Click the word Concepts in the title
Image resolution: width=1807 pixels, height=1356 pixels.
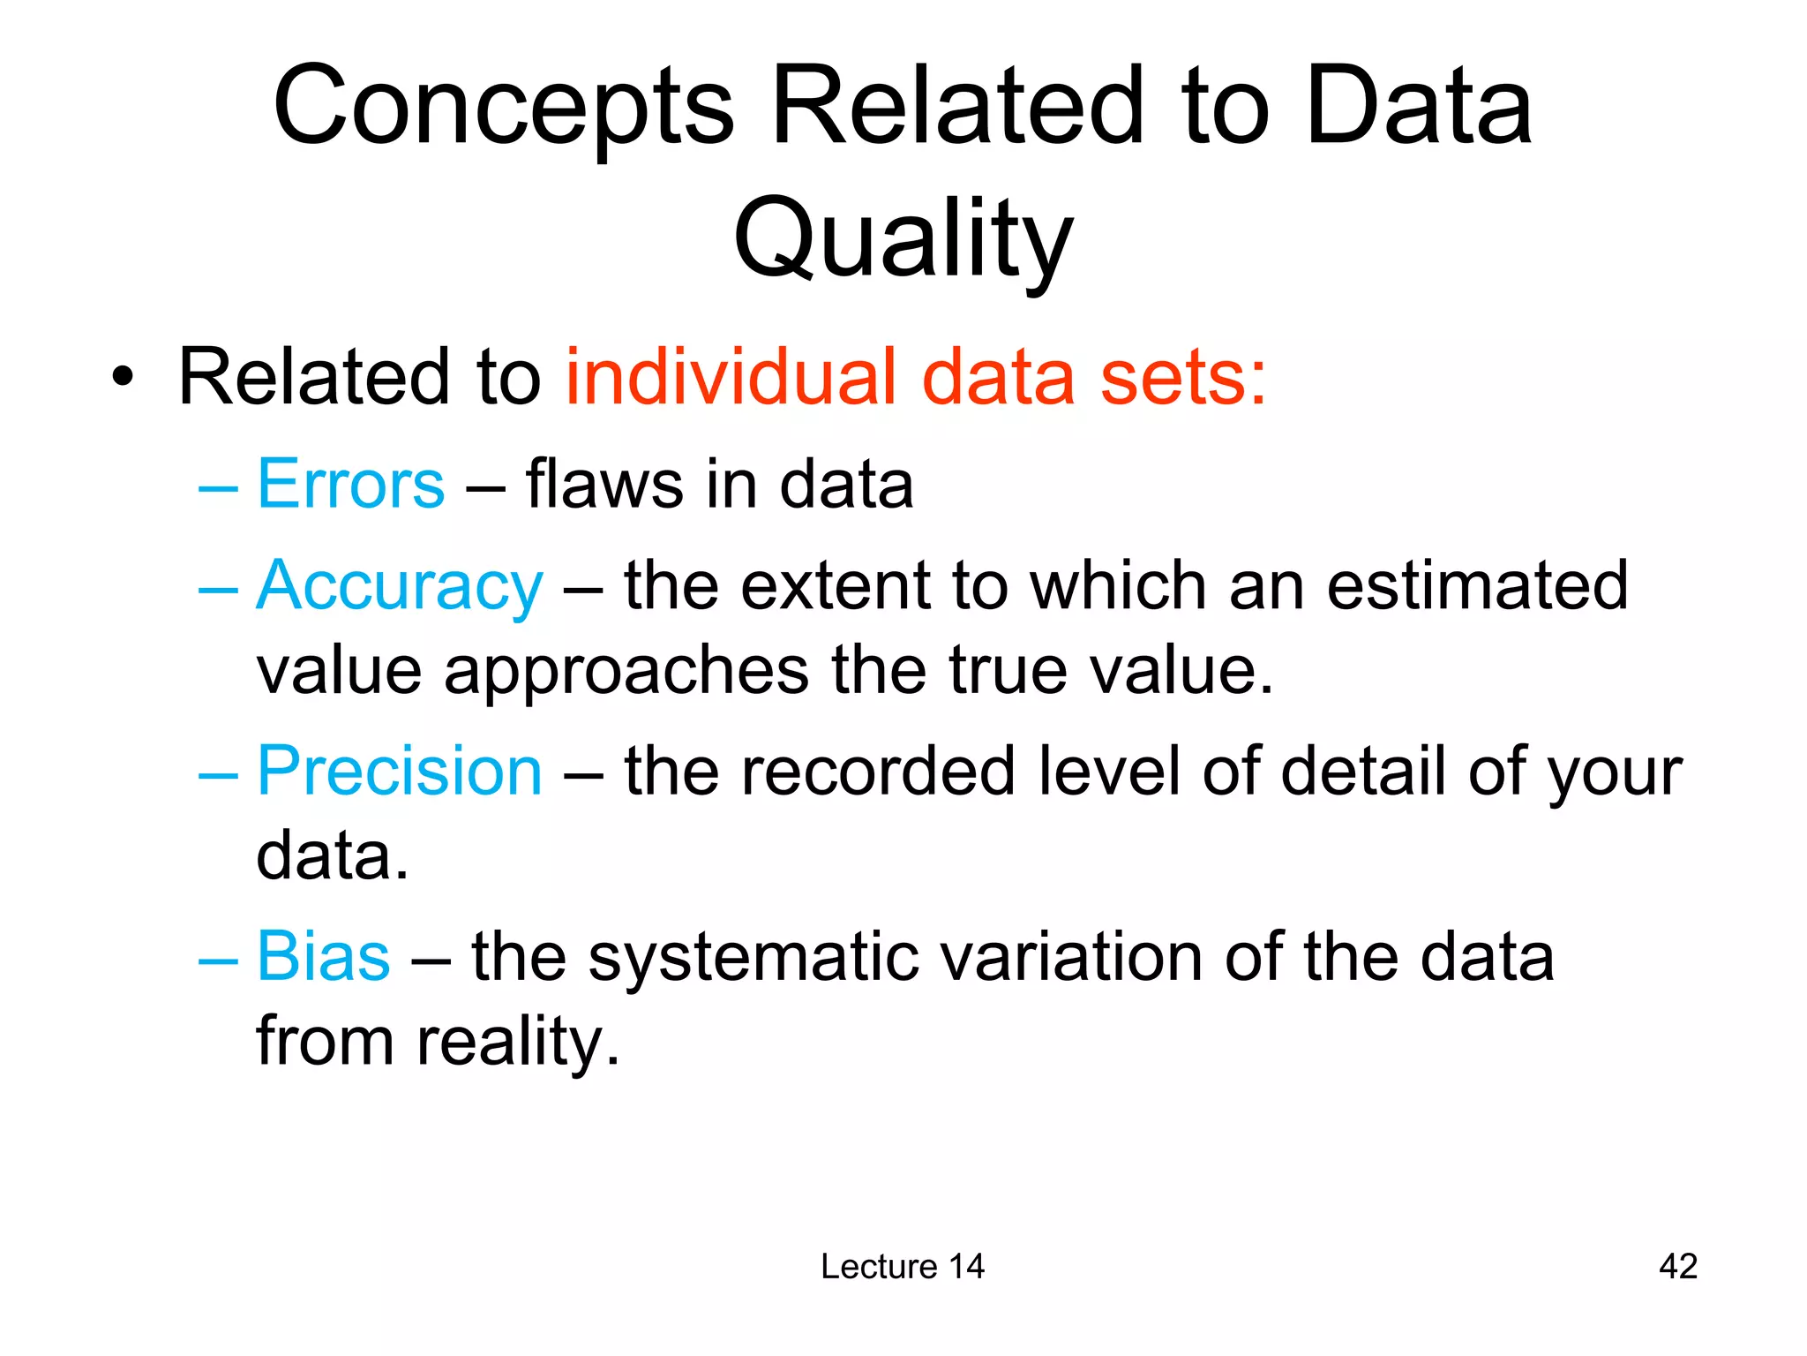click(x=503, y=108)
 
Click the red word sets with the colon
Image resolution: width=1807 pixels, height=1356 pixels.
click(x=1182, y=378)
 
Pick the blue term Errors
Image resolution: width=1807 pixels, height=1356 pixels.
click(x=350, y=485)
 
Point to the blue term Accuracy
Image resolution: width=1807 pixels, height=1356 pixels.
click(x=399, y=587)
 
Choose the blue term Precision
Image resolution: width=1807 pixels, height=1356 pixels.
click(x=399, y=772)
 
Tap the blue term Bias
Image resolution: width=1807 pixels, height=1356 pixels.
click(x=323, y=957)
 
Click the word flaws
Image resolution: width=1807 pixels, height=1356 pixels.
click(x=604, y=485)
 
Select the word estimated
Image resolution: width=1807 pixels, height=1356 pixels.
click(x=1477, y=586)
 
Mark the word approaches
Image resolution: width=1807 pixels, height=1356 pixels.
click(x=626, y=671)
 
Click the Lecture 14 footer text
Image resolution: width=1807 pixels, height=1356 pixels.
click(x=902, y=1267)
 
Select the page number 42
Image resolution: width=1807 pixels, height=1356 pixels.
click(x=1677, y=1267)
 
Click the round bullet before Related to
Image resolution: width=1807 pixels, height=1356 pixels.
click(x=124, y=379)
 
